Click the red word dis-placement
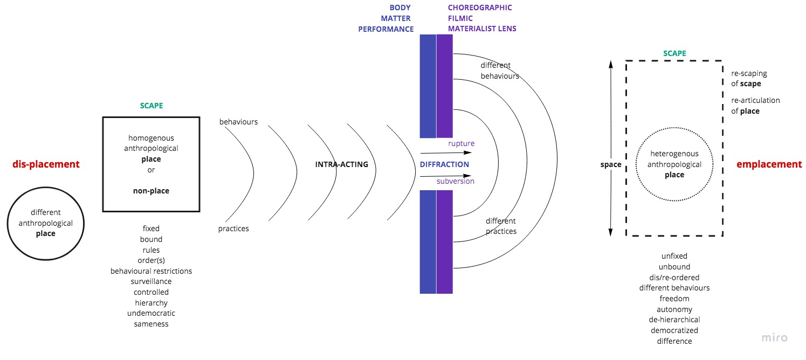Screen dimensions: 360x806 (46, 164)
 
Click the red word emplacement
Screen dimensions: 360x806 (769, 164)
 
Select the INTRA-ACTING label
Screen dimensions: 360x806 (342, 164)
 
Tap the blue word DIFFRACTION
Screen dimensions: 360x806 (444, 164)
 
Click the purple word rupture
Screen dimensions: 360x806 (461, 144)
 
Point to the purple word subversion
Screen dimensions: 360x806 (456, 181)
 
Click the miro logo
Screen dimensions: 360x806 (774, 338)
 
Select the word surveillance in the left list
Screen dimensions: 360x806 (151, 281)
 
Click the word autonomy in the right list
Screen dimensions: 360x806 (674, 309)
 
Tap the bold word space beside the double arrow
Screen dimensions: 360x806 (611, 164)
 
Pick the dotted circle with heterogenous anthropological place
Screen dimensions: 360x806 (674, 164)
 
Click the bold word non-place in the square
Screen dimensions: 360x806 (151, 190)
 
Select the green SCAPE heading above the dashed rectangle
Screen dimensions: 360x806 (674, 53)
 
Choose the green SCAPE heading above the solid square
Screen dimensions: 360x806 (151, 106)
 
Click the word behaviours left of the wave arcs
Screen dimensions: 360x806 (238, 122)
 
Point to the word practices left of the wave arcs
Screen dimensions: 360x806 (233, 229)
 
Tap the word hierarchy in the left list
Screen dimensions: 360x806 (151, 303)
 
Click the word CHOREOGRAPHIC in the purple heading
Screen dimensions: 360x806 (480, 8)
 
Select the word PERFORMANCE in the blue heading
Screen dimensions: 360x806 (386, 29)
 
